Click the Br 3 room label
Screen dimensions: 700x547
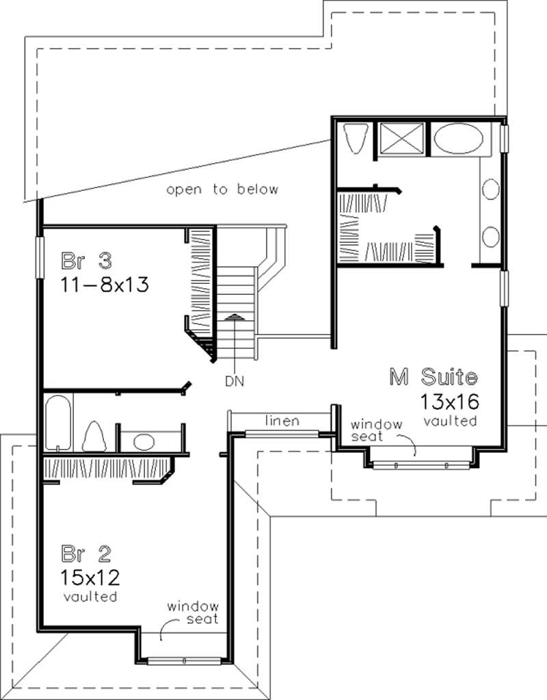pyautogui.click(x=86, y=261)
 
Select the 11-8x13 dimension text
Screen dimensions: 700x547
pyautogui.click(x=105, y=284)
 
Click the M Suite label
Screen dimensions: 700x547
pyautogui.click(x=433, y=376)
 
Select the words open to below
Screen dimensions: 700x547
pyautogui.click(x=223, y=190)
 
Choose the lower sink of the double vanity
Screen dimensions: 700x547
pyautogui.click(x=491, y=237)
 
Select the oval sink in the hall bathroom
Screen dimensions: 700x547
pyautogui.click(x=144, y=441)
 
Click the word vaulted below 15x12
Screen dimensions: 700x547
pyautogui.click(x=90, y=597)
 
